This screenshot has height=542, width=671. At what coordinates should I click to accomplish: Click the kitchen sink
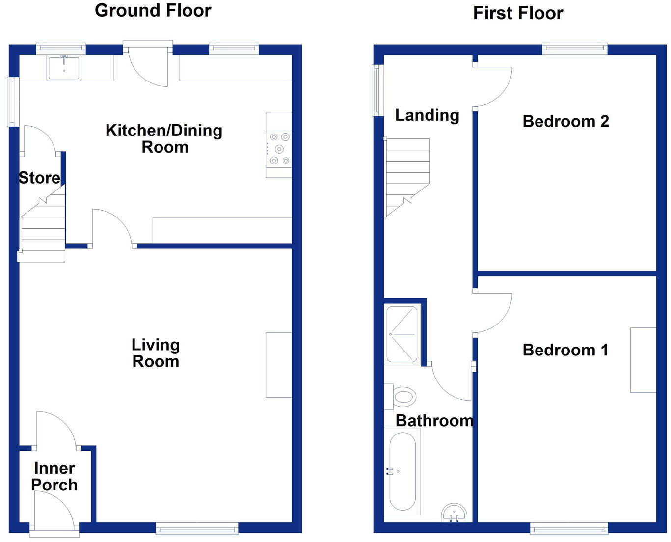point(64,68)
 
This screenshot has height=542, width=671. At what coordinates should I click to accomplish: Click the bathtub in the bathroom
point(402,471)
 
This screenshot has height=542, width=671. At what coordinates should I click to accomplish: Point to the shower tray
point(402,334)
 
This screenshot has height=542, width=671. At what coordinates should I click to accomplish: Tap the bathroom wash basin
point(454,513)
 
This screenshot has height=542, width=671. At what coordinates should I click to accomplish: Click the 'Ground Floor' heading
point(153,10)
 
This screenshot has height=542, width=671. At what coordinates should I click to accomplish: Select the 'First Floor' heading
point(518,13)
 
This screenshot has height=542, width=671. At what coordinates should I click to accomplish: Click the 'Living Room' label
point(156,353)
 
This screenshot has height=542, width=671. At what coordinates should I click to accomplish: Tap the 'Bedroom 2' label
point(565,121)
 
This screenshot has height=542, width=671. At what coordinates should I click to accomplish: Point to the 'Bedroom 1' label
point(565,350)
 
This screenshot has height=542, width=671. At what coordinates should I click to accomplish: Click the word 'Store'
point(39,178)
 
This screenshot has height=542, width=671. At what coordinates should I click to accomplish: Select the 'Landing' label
point(427,115)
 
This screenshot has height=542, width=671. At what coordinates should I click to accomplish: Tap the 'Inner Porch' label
point(54,477)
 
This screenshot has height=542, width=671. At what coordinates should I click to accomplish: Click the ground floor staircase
point(43,228)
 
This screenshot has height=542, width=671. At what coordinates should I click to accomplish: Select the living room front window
point(197,528)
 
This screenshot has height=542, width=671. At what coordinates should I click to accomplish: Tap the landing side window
point(377,90)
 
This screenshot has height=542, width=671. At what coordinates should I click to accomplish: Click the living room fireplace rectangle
point(278,365)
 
